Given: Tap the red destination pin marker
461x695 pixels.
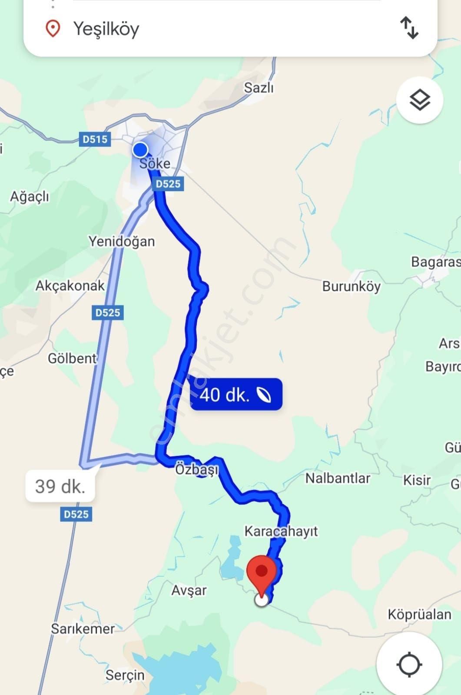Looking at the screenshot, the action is tap(261, 572).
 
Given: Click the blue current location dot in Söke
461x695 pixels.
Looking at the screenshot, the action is tap(140, 150).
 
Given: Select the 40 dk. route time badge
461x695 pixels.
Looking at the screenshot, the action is tap(236, 395).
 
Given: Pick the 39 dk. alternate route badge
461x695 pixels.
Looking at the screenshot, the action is tap(60, 486).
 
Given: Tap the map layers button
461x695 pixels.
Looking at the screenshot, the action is tap(419, 100).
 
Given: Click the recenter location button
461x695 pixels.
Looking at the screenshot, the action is tap(409, 664).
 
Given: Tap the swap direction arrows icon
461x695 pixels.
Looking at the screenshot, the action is tap(409, 28).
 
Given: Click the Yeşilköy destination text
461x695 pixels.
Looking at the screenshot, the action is tap(106, 29).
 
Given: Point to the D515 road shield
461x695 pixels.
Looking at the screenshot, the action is tap(95, 140).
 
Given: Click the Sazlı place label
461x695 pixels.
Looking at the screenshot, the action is tap(259, 88).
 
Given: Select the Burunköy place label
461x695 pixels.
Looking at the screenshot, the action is tap(351, 286).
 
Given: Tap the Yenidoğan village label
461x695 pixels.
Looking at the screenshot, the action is tap(122, 241).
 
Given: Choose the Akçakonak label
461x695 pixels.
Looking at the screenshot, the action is tap(70, 286).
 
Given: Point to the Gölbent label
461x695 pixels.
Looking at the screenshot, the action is tap(72, 359).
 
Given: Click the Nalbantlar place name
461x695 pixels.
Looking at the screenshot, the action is tap(338, 478).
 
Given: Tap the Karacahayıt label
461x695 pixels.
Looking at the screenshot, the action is tap(281, 531).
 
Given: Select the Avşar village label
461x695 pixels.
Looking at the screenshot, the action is tap(189, 590).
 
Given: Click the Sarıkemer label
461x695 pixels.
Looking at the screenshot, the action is tap(83, 628).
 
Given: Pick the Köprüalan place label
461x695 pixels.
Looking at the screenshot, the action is tap(419, 615).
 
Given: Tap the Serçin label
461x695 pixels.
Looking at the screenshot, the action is tap(125, 675).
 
